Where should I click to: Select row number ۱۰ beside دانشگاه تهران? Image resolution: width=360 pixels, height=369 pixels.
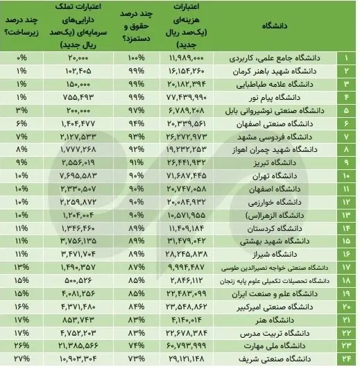(x=347, y=188)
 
